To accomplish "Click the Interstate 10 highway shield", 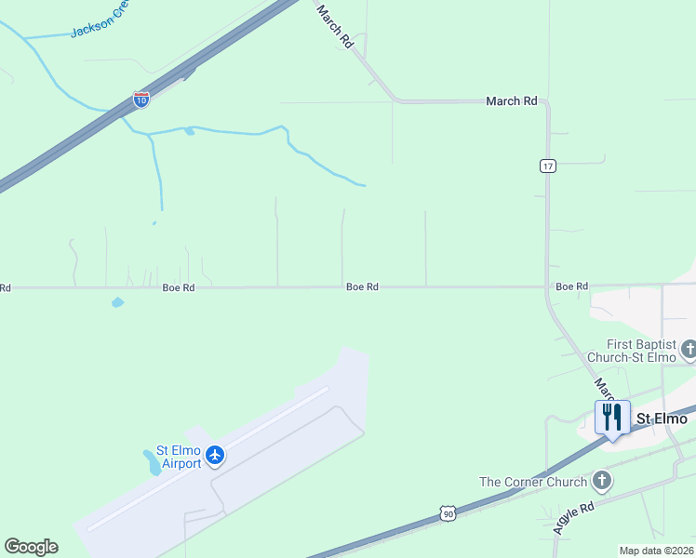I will [141, 100].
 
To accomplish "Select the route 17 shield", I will [547, 166].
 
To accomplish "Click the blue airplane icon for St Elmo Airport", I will [216, 455].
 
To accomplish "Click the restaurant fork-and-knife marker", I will [612, 417].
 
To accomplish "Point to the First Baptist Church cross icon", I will [689, 350].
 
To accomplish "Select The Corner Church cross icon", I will [602, 481].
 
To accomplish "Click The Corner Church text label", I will [533, 482].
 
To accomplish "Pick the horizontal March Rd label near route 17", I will [512, 101].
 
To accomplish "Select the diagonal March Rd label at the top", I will [336, 26].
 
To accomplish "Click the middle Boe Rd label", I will [362, 287].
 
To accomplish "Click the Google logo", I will [31, 547].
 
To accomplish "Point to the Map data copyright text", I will [657, 551].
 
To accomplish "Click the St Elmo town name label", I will [662, 418].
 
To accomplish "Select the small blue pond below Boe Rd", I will [117, 302].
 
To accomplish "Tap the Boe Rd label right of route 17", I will [571, 286].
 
